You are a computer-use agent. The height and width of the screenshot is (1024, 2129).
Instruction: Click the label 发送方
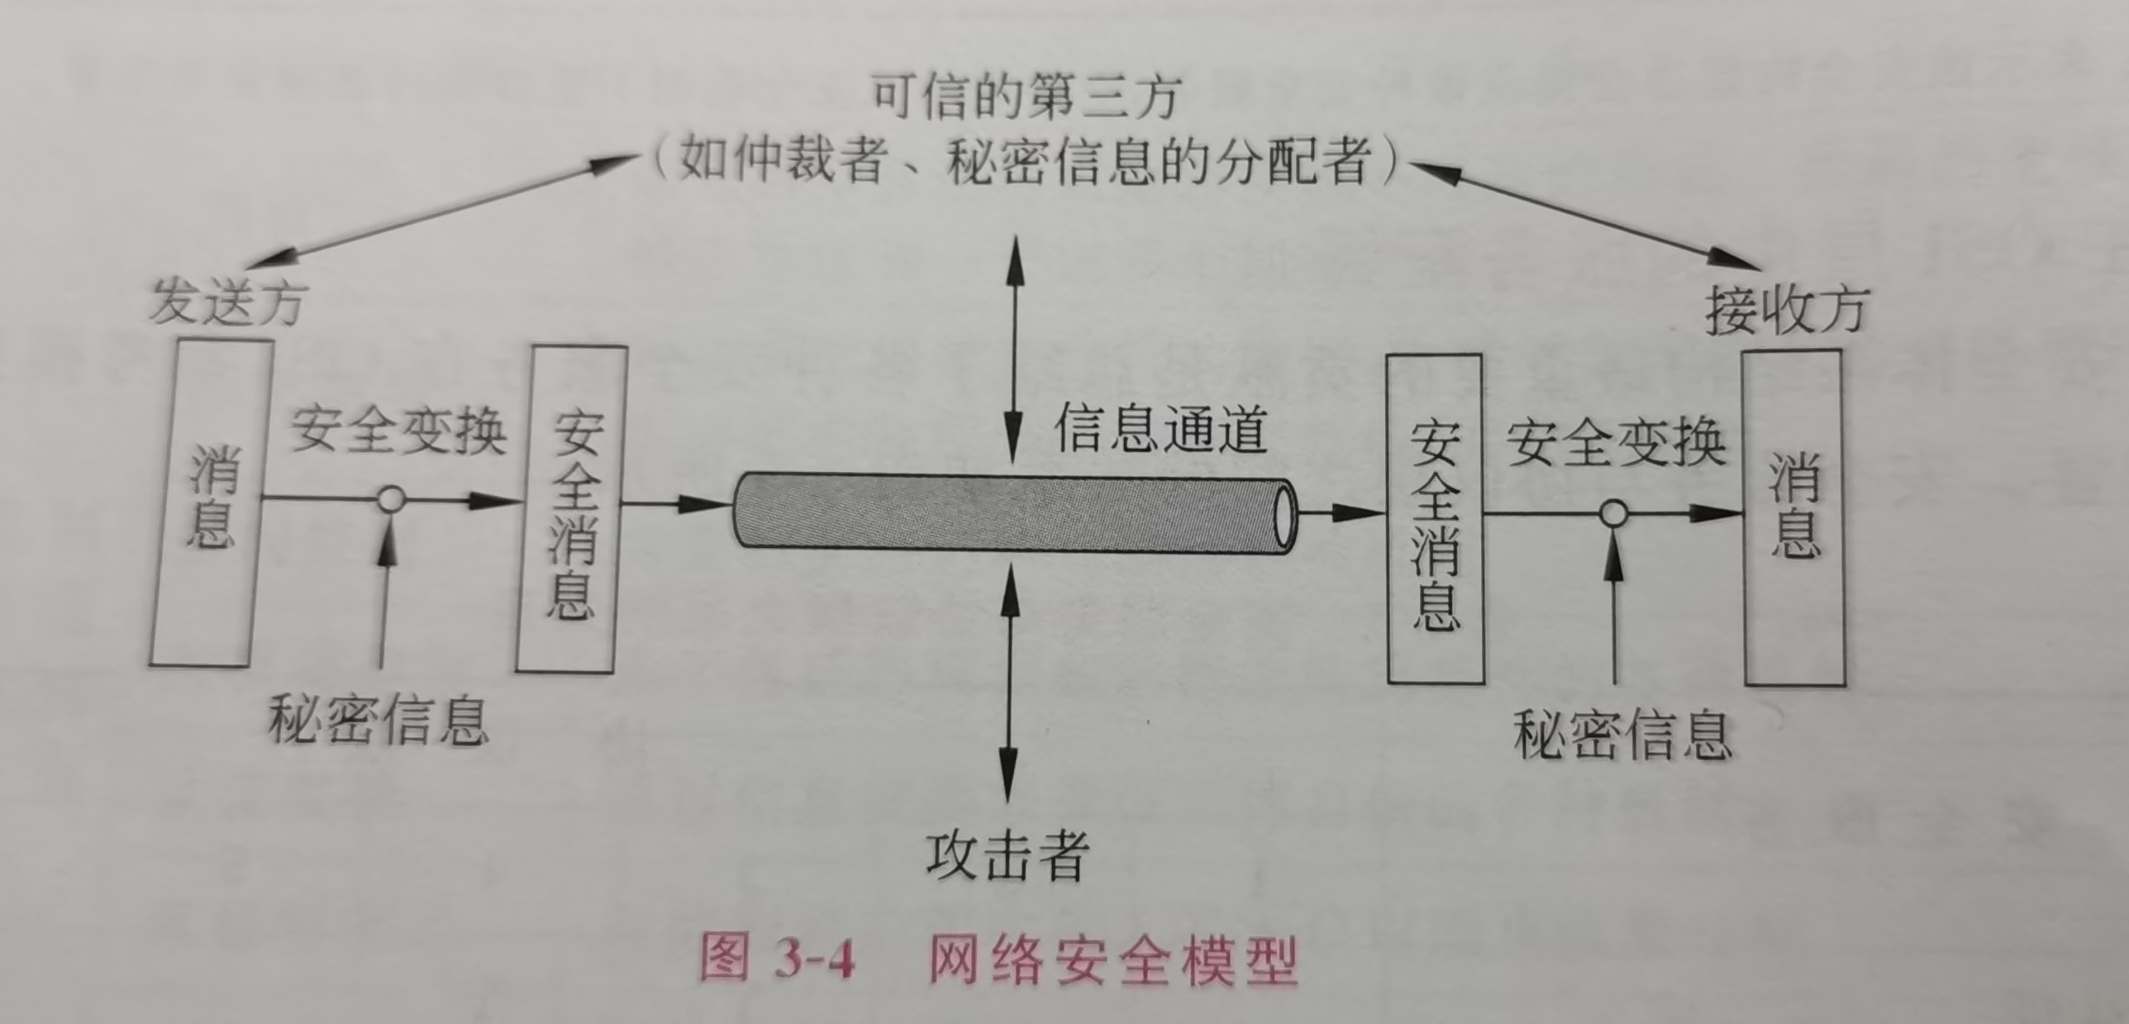(226, 302)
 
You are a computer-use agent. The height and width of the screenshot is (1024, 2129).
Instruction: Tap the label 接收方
(1785, 312)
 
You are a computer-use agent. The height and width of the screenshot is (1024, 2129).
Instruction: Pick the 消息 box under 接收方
(1793, 517)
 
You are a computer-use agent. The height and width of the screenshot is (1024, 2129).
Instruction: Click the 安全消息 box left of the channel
(572, 509)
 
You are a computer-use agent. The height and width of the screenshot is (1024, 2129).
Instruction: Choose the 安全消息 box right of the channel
(1435, 518)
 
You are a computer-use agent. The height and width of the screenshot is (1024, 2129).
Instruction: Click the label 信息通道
(1160, 431)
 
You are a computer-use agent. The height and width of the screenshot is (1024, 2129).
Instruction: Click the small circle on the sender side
(390, 498)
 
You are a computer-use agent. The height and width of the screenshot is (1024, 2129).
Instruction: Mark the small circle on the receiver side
(1613, 514)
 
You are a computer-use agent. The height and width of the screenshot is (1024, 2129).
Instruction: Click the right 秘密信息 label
(1622, 735)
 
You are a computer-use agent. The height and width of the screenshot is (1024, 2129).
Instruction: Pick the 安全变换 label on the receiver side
(1615, 443)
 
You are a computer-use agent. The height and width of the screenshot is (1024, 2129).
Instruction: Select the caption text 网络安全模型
(1112, 961)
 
